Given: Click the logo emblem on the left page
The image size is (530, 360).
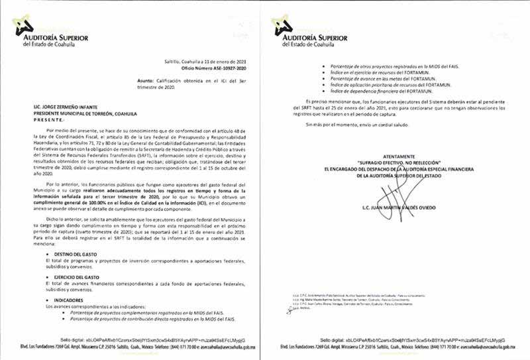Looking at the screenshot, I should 25,26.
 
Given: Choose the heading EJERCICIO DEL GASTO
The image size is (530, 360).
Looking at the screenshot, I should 76,276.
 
